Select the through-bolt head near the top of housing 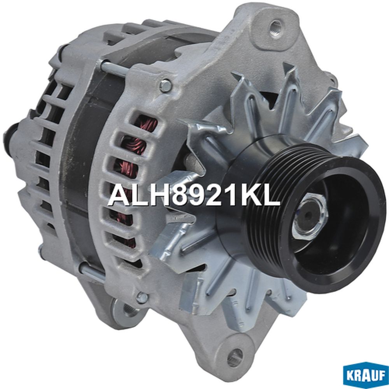click(165, 86)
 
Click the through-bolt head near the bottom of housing click(142, 297)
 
